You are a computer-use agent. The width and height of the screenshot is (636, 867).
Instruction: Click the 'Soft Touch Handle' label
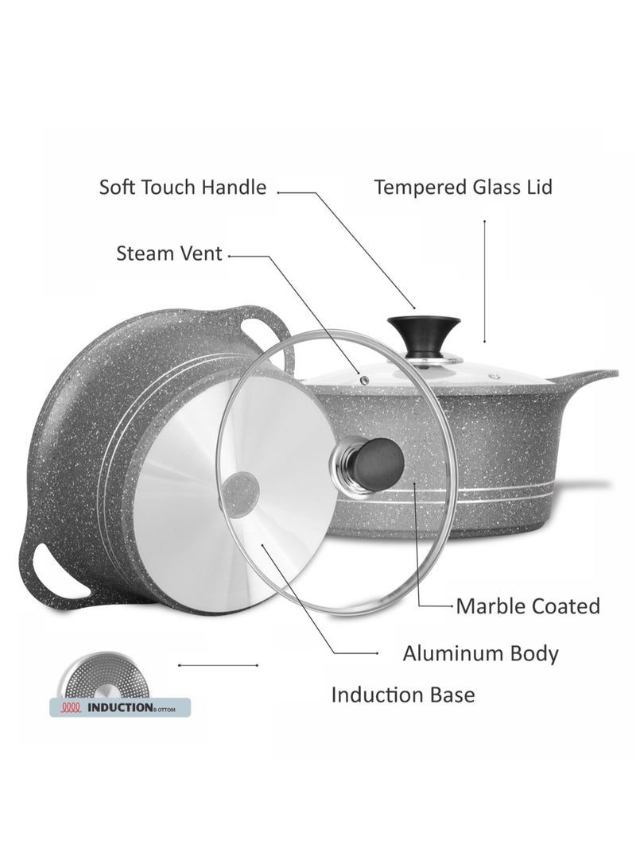(x=182, y=188)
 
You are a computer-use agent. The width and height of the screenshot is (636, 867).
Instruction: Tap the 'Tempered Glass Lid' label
(x=463, y=188)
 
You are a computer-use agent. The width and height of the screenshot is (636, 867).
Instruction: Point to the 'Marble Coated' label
(x=527, y=606)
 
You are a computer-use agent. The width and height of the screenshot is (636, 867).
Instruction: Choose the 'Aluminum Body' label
(x=480, y=654)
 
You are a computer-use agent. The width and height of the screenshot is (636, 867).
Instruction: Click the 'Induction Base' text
(x=402, y=695)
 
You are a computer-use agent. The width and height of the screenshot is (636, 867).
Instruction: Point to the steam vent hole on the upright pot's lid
(x=365, y=381)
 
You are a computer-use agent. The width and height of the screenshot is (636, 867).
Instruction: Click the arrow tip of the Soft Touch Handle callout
(x=415, y=308)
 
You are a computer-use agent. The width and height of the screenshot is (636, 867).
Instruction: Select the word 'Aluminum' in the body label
(x=449, y=654)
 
